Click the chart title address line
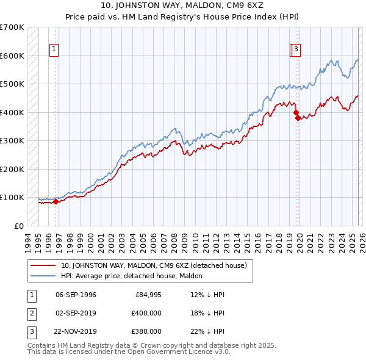pos(182,7)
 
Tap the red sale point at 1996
pos(56,201)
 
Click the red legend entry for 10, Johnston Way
pos(153,265)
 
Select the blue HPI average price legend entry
pos(131,276)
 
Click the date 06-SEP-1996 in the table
pos(76,295)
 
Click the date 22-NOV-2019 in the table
pos(76,331)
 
